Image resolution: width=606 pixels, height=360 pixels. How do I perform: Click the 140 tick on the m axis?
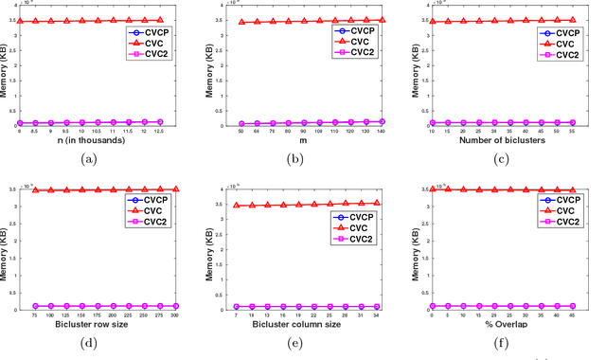point(382,133)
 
